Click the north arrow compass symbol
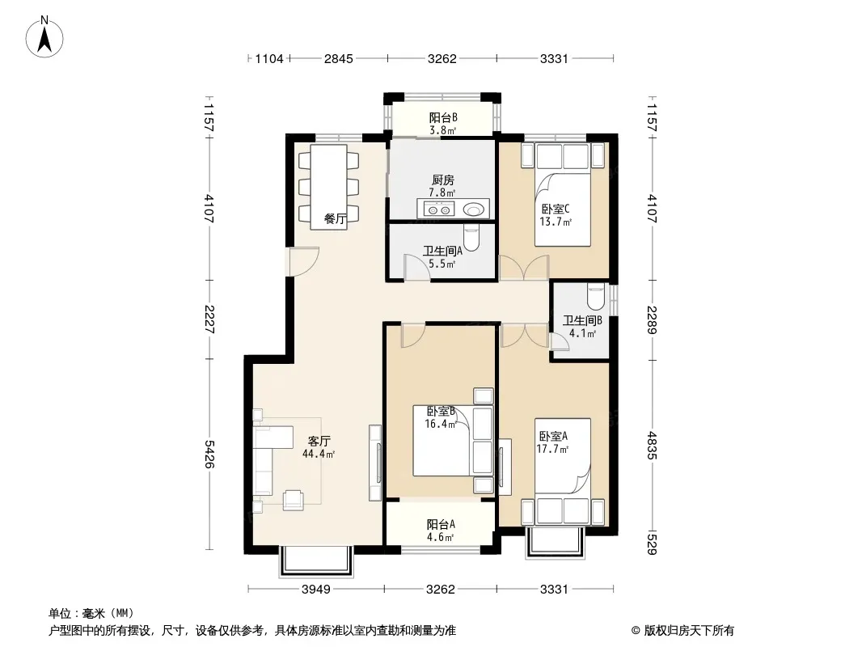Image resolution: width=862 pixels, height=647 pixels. pos(44,36)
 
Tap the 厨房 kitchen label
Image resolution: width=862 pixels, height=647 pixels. pos(442,180)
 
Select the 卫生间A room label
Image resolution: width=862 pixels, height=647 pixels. pos(442,252)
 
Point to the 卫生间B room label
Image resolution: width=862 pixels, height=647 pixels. pos(582,320)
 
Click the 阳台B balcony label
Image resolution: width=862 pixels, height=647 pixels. pos(443,117)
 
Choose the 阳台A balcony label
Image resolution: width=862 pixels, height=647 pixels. pos(441,524)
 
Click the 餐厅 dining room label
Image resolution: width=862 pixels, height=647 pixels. pos(335,219)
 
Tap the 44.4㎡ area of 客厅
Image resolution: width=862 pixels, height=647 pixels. pos(319,455)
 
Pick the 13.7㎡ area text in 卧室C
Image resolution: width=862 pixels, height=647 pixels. pos(556,222)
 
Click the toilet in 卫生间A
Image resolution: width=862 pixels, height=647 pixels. pos(471,238)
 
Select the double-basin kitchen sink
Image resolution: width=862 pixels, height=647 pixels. pos(439,209)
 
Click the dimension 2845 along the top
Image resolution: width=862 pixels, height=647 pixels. pos(339,58)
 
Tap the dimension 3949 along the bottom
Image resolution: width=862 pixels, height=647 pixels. pos(316,590)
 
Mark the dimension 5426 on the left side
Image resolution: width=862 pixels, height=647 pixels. pos(209,454)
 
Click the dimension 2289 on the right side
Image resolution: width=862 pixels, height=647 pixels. pos(652,320)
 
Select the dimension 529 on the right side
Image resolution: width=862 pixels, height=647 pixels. pos(652,543)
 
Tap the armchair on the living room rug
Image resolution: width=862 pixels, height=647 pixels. pos(293,499)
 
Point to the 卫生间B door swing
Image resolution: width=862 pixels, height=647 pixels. pos(560,342)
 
